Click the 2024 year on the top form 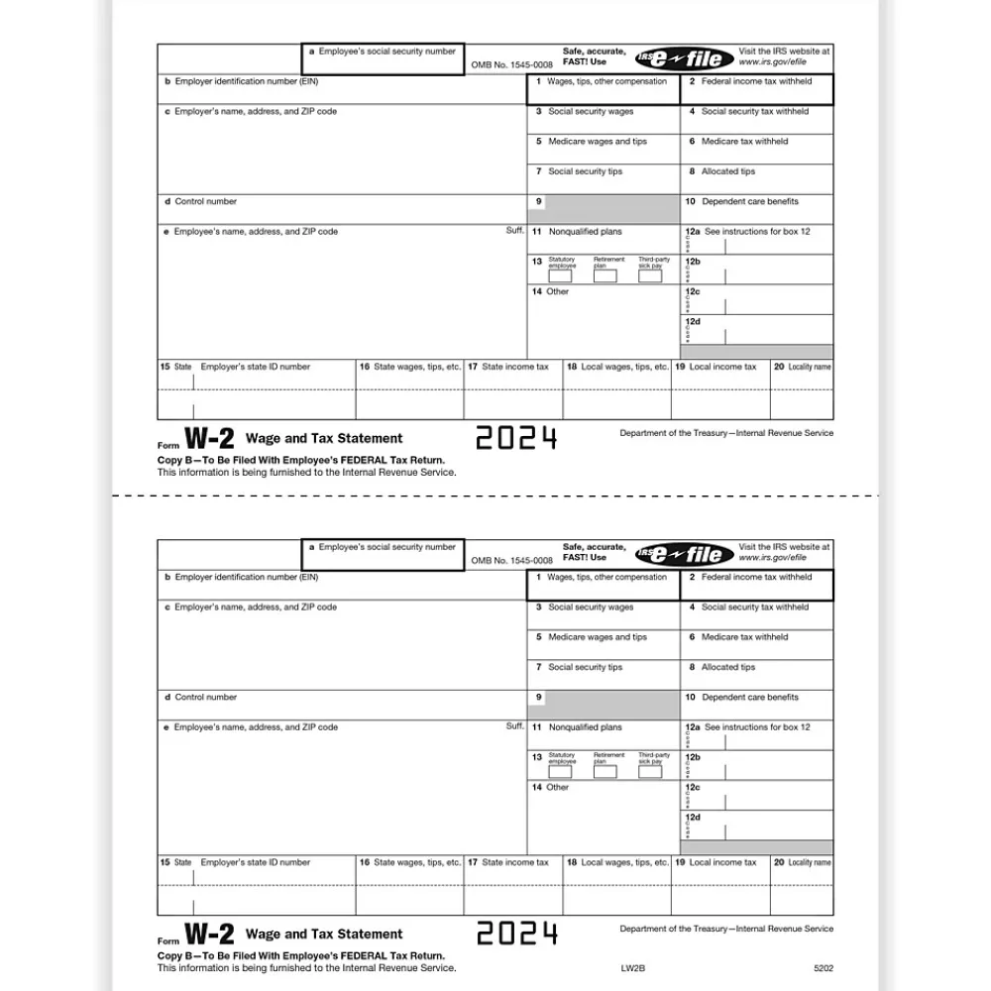[x=516, y=438]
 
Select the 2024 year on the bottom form [x=516, y=934]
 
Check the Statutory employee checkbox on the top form [x=561, y=276]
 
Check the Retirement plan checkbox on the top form [x=606, y=276]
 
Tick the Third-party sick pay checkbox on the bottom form [x=650, y=772]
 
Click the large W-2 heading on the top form [x=210, y=439]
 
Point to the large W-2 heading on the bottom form [x=210, y=935]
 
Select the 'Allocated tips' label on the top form [x=727, y=171]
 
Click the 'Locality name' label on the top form [x=809, y=367]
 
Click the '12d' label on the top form [x=693, y=322]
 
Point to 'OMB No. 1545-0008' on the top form [x=511, y=65]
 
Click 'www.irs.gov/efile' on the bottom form [x=772, y=558]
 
